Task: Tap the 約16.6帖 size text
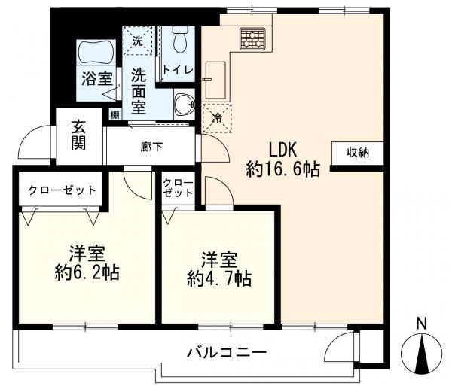click(x=283, y=169)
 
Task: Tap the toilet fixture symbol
click(x=179, y=40)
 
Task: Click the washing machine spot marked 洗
click(x=138, y=41)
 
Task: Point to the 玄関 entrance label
click(x=78, y=135)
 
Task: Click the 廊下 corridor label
click(x=151, y=146)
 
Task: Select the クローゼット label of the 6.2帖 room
click(x=63, y=189)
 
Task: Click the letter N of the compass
click(x=423, y=324)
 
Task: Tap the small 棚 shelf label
click(x=114, y=114)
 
